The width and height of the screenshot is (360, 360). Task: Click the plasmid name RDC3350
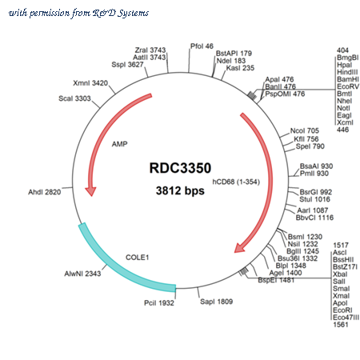coord(180,168)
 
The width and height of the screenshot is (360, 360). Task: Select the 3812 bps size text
coord(180,190)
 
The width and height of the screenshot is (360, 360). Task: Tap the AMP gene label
coord(119,144)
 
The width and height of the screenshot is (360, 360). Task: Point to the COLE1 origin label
coord(137,258)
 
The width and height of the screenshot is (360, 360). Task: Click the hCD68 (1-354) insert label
coord(236,182)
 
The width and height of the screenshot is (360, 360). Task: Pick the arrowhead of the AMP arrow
coord(90,191)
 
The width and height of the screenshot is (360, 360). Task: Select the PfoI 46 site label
coord(202,46)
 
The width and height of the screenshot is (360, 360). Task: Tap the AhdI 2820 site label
coord(45,192)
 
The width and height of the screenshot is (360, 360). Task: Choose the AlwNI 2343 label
coord(82,274)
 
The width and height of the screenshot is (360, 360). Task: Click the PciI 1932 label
coord(159,303)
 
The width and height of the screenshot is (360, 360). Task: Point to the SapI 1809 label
coord(216,302)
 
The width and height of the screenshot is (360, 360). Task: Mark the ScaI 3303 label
coord(74,98)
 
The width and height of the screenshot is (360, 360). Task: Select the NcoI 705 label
coord(305,130)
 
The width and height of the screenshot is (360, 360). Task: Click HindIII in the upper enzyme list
coord(347,72)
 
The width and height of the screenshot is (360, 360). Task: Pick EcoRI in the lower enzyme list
coord(342,310)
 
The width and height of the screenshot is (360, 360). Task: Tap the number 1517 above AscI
coord(341,245)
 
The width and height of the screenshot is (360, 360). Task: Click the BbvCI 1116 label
coord(314,218)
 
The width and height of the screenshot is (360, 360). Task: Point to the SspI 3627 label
coord(127,65)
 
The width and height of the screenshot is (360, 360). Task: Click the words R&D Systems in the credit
coord(121,13)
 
